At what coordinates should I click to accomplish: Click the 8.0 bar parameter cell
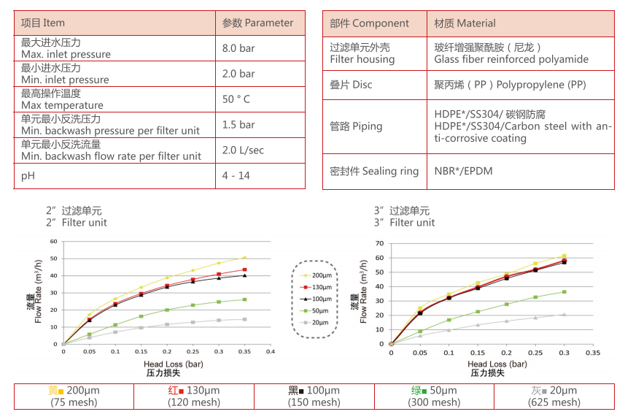point(238,48)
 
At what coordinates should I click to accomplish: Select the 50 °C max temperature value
point(236,99)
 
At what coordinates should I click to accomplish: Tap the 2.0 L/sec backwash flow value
point(243,150)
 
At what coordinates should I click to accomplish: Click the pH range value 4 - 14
point(235,176)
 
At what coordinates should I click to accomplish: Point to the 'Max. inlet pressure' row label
point(66,54)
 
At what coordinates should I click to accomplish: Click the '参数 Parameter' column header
point(257,23)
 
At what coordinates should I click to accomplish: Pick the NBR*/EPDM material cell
point(465,171)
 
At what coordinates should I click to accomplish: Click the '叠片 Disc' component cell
point(351,85)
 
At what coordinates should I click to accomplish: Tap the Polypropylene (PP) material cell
point(510,85)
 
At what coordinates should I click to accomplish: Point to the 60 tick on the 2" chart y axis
point(53,242)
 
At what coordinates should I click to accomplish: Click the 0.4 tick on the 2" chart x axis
point(270,352)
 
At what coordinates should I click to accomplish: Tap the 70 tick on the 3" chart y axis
point(379,243)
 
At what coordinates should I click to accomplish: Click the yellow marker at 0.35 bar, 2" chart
point(244,258)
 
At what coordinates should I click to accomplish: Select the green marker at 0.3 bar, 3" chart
point(564,292)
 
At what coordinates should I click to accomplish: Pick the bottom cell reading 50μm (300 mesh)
point(434,397)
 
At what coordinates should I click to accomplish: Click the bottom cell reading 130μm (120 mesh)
point(193,397)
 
